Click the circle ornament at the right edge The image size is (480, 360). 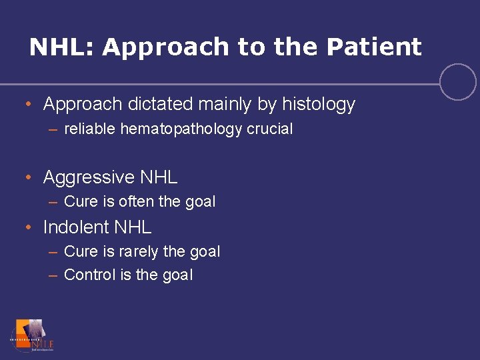(x=458, y=82)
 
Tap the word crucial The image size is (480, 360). (x=270, y=129)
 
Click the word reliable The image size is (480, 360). (x=90, y=129)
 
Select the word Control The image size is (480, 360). (x=90, y=275)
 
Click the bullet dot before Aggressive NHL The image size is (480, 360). (x=28, y=177)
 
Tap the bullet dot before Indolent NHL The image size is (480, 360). (x=28, y=227)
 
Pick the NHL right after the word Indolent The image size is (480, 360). (x=133, y=227)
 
